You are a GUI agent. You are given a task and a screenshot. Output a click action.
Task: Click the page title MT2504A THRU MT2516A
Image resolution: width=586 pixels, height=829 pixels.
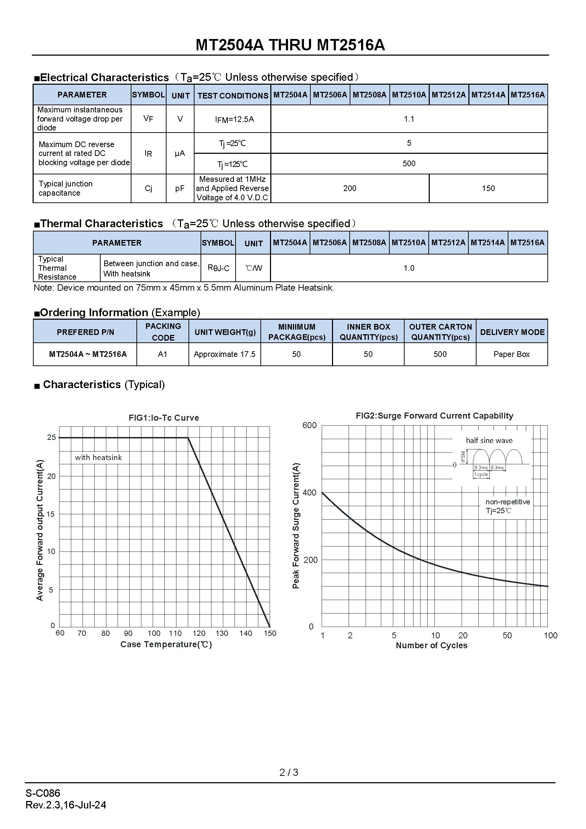(x=290, y=45)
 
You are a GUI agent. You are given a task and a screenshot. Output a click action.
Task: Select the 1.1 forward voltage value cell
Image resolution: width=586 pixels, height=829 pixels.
(x=409, y=119)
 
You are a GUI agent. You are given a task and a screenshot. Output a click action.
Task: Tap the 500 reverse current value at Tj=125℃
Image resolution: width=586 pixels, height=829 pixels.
(x=409, y=163)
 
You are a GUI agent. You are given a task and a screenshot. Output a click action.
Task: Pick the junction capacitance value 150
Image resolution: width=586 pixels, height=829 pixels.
(x=488, y=188)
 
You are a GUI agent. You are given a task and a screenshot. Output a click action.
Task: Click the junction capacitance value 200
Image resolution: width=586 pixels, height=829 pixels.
(x=350, y=188)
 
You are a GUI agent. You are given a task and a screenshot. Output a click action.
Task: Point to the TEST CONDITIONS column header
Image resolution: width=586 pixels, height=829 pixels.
(x=233, y=96)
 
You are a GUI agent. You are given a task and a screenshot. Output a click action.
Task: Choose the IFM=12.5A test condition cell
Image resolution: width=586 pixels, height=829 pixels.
(x=234, y=119)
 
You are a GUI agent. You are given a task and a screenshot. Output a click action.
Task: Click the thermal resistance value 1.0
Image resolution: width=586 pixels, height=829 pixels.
(x=409, y=268)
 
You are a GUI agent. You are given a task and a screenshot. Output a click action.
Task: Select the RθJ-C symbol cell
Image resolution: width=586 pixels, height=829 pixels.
(x=218, y=268)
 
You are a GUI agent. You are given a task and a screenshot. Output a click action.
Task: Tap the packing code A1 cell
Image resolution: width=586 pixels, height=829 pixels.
(x=163, y=354)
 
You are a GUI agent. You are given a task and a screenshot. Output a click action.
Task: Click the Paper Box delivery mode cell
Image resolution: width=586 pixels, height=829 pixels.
(x=511, y=354)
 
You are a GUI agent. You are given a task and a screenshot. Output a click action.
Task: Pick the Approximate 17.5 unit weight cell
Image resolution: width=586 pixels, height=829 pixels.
(x=224, y=354)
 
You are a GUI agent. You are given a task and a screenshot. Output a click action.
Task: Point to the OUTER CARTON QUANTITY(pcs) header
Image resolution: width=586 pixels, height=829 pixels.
(x=440, y=332)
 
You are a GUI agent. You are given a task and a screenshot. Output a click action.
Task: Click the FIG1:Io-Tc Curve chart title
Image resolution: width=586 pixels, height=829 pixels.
(x=164, y=418)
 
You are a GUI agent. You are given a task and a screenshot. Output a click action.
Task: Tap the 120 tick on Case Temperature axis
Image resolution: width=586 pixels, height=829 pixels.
(x=199, y=633)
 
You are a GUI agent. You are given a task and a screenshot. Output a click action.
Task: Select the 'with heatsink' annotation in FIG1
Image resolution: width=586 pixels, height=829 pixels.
(x=98, y=458)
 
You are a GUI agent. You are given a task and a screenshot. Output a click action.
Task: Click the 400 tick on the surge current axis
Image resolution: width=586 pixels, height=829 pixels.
(x=310, y=493)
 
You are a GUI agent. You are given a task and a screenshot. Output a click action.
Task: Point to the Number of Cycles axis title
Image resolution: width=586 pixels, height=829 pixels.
(x=431, y=645)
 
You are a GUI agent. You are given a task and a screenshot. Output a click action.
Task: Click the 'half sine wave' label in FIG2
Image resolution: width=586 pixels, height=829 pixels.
(x=489, y=441)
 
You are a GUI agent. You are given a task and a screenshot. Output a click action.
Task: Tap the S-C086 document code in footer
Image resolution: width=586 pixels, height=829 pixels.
(x=43, y=793)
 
